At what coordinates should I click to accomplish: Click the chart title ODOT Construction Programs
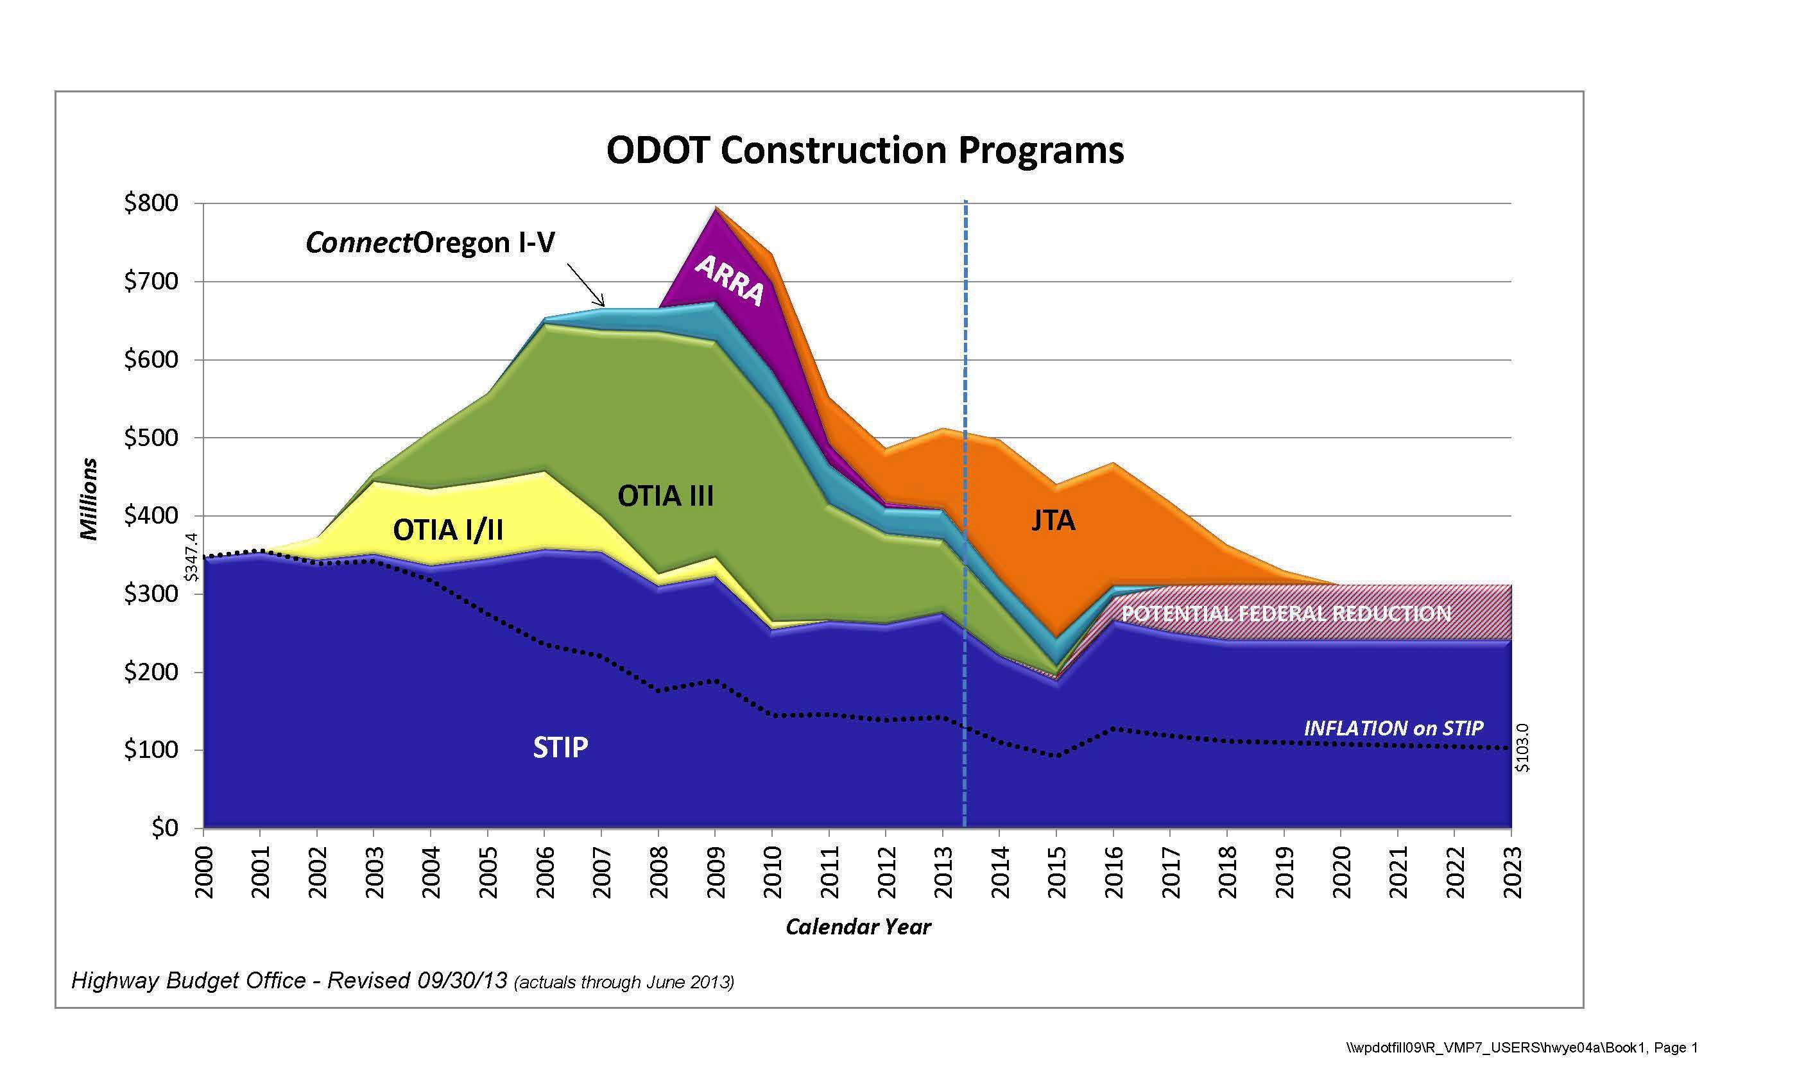(865, 151)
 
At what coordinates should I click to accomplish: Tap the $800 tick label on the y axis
(151, 203)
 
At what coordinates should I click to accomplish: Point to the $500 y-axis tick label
(151, 438)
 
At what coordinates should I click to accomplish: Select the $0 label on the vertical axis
(164, 828)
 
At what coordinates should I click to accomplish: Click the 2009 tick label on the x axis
(716, 872)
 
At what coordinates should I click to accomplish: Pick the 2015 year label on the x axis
(1057, 872)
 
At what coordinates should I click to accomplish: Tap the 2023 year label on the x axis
(1512, 872)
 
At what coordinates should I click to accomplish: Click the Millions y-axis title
(89, 499)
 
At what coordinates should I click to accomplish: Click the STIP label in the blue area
(560, 748)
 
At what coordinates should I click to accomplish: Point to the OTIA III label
(665, 496)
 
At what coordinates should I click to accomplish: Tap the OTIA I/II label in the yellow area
(448, 529)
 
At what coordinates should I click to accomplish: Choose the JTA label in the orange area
(1053, 520)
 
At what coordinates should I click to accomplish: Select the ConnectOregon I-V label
(430, 242)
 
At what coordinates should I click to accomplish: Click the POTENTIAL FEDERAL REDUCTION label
(1285, 614)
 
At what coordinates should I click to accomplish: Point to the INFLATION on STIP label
(1393, 728)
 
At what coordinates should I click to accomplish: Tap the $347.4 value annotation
(191, 556)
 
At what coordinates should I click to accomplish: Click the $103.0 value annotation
(1523, 748)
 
